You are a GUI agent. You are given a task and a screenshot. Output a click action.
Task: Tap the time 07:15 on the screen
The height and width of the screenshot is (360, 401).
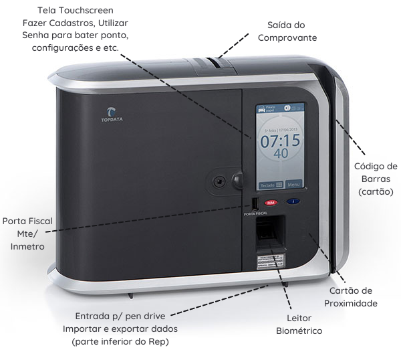coord(280,141)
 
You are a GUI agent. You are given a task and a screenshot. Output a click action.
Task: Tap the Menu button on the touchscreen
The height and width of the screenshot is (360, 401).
coord(294,183)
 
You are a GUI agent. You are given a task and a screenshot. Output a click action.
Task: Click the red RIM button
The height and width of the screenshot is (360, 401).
coord(270,202)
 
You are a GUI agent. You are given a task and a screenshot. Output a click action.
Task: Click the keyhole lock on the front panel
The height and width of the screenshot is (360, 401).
coord(218,181)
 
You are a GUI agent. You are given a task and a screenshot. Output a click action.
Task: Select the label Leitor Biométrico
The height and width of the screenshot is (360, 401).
coord(299,325)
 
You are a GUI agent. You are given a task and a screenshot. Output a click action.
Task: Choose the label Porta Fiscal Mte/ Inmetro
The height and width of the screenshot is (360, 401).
coord(27,233)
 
